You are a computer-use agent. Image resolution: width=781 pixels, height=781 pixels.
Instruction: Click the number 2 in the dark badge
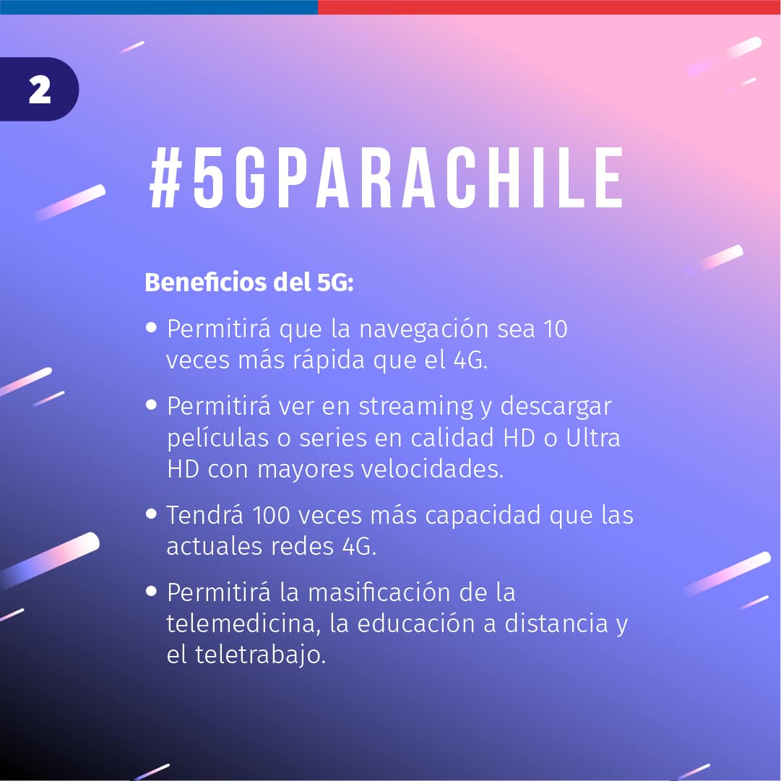40,90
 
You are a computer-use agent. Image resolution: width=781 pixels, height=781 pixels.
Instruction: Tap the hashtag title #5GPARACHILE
387,178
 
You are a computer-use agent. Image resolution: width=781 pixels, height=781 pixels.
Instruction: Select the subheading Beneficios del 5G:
249,282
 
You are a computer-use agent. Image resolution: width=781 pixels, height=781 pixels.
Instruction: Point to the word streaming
416,407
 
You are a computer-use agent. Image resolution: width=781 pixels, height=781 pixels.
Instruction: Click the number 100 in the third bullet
271,515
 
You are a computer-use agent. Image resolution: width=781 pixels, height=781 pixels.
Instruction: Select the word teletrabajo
260,655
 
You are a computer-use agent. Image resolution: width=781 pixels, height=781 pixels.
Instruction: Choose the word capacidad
483,516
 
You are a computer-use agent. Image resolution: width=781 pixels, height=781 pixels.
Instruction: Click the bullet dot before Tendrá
152,514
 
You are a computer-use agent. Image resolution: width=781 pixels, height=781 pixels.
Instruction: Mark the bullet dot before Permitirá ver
152,405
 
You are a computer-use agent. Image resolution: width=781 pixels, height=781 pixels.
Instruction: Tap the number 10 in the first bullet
555,329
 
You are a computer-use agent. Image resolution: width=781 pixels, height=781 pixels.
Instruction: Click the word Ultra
592,439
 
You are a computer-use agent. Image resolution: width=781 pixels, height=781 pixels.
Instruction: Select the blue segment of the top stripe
159,7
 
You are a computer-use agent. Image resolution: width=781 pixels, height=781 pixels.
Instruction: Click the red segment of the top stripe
549,7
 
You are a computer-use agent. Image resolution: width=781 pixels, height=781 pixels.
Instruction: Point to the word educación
416,623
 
